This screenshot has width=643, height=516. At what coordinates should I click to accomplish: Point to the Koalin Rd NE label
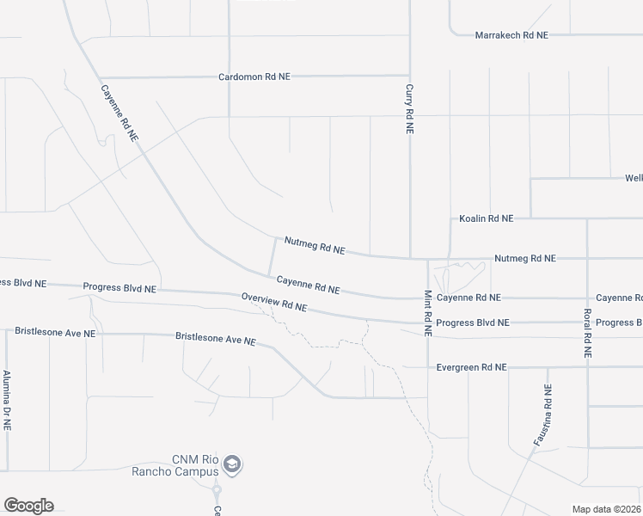(x=486, y=219)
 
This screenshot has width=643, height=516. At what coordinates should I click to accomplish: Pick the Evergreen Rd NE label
(x=472, y=367)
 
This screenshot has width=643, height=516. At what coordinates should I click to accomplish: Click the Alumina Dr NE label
(x=7, y=401)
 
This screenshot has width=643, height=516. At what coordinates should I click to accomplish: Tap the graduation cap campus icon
(x=231, y=465)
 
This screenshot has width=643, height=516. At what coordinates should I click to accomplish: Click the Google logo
(x=28, y=506)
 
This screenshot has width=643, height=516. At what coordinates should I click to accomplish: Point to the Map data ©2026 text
(x=607, y=509)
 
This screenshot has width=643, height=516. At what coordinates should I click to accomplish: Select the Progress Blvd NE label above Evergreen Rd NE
(x=473, y=322)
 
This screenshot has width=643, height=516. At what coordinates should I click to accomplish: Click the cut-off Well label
(x=633, y=178)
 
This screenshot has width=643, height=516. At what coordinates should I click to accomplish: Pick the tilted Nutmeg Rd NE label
(x=314, y=247)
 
